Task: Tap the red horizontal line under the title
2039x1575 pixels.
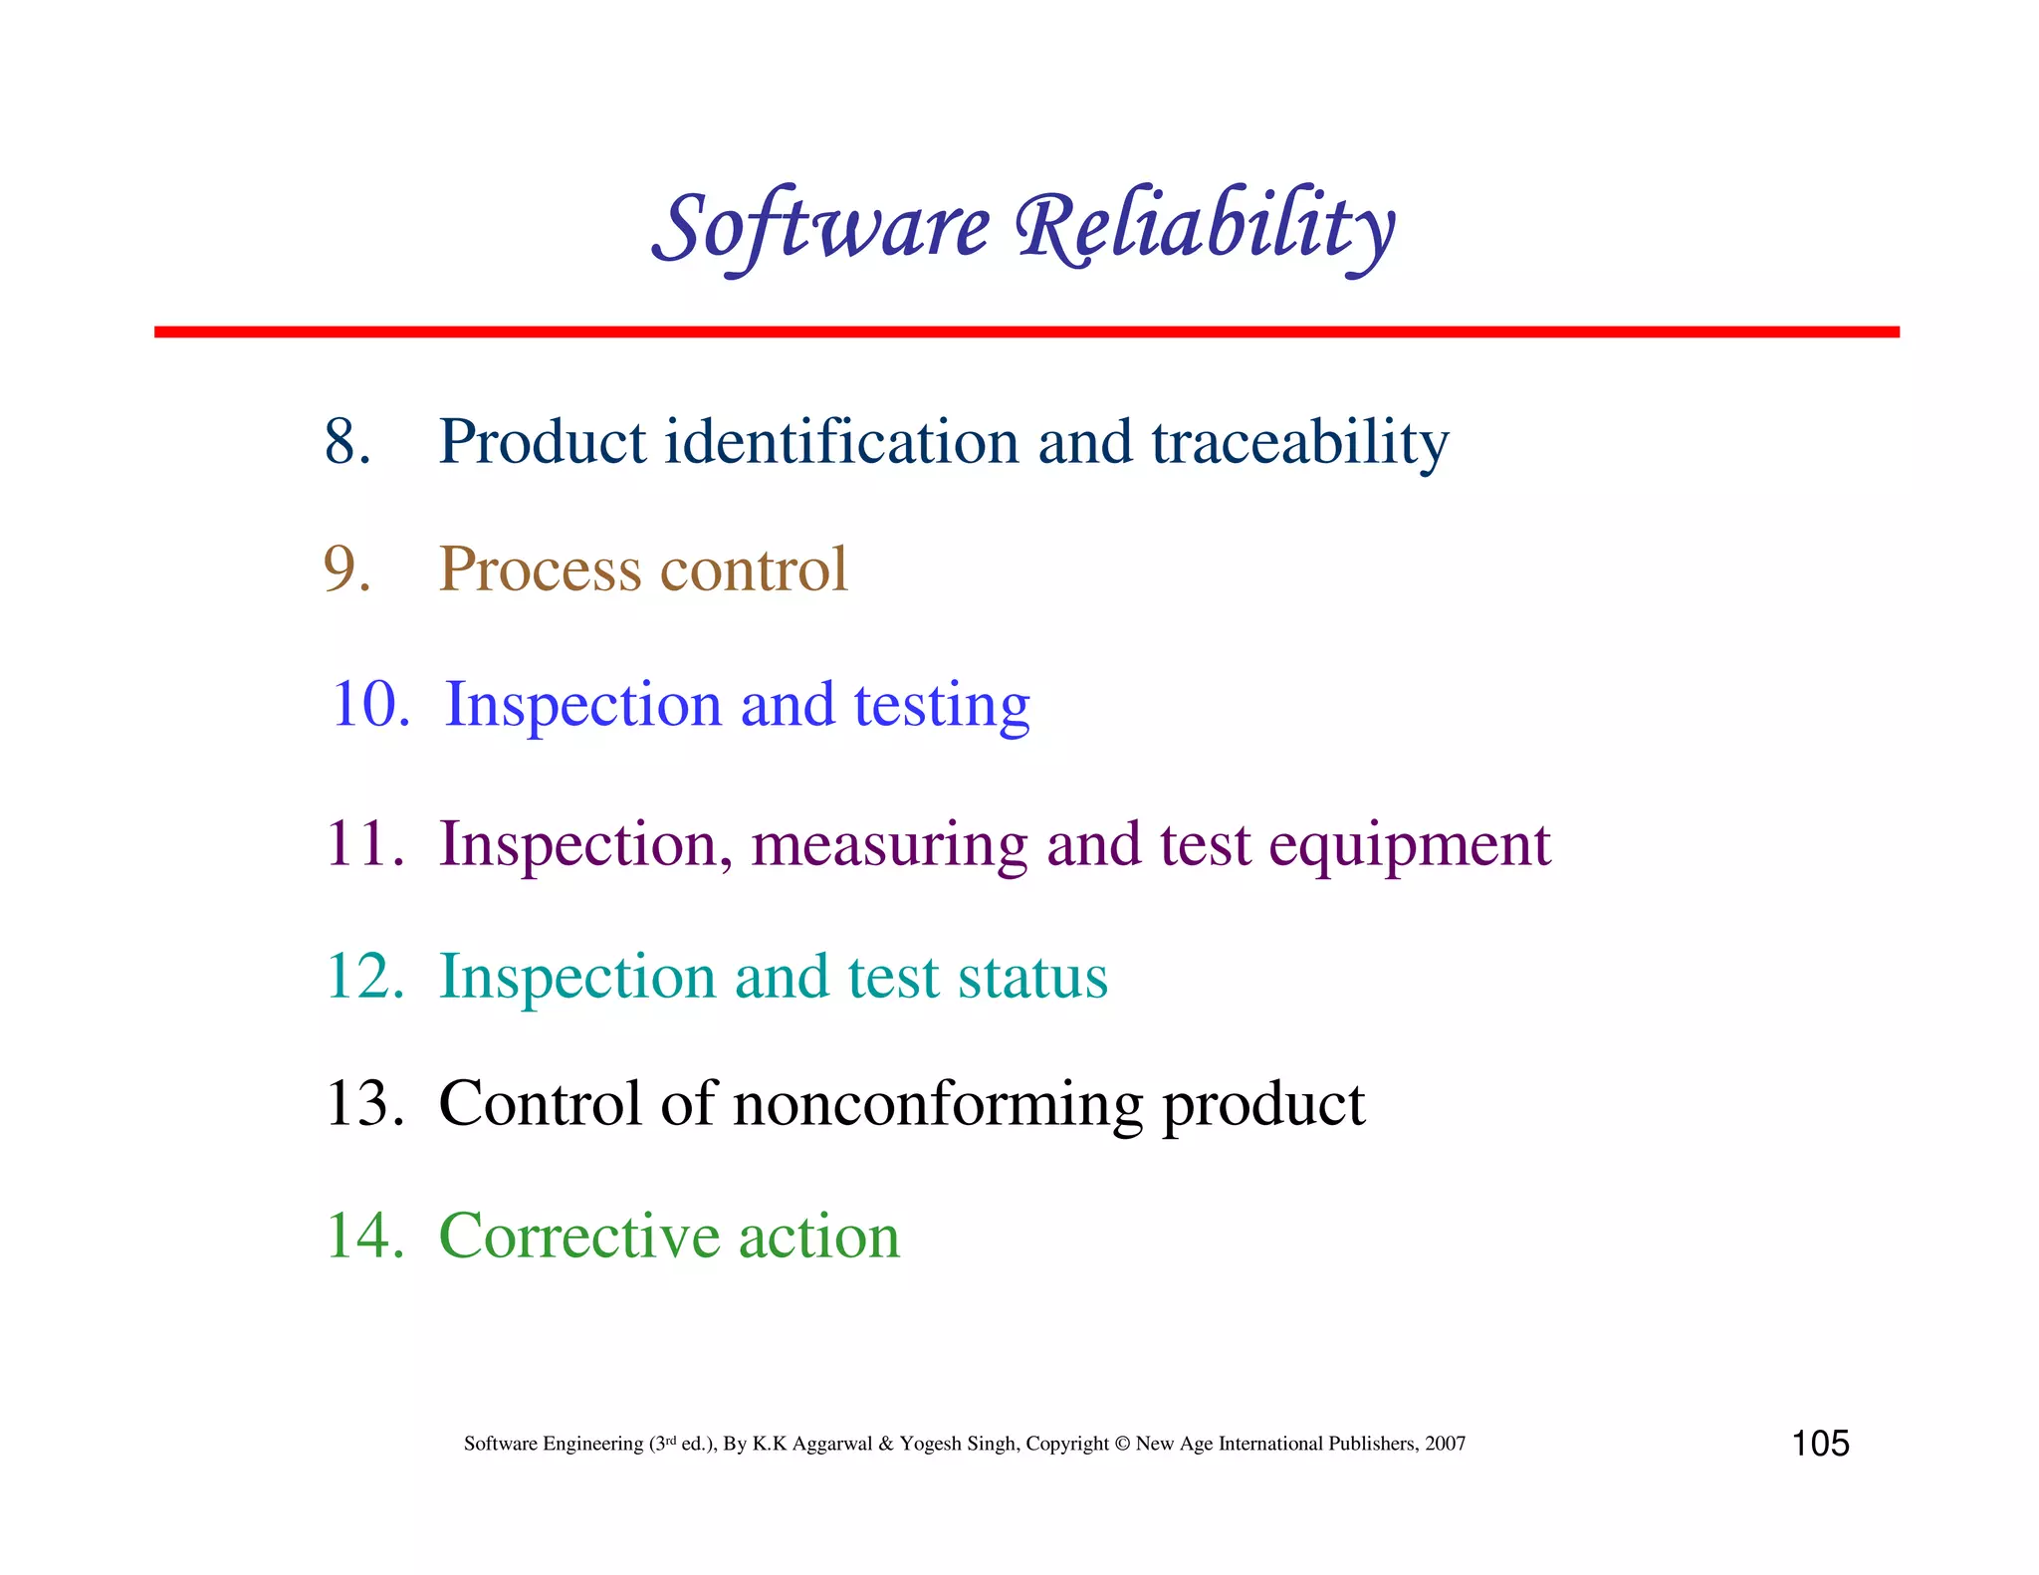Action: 1025,332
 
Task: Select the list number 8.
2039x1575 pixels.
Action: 346,441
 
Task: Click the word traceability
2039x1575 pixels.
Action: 1299,443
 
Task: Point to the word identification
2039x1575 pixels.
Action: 841,441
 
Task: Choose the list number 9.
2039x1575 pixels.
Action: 346,569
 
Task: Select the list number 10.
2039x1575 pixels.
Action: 368,704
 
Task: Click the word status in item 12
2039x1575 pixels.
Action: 1032,977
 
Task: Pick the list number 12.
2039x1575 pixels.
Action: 363,977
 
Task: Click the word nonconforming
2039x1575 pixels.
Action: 938,1105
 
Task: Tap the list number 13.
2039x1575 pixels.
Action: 363,1104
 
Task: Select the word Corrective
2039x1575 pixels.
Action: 579,1236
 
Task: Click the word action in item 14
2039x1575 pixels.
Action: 818,1236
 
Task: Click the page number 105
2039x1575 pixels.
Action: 1820,1444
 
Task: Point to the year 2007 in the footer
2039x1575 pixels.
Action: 1445,1444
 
